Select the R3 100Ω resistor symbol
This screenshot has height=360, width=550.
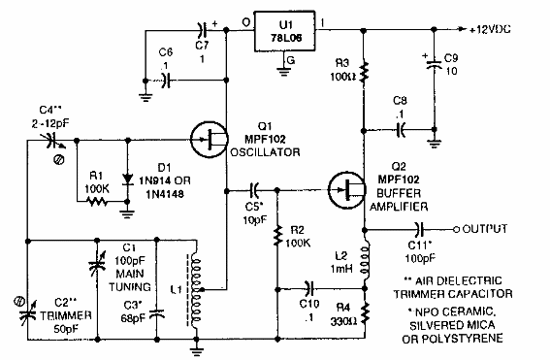tap(365, 73)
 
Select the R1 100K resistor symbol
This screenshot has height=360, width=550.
tap(95, 203)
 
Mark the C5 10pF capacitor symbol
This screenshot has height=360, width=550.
tap(256, 190)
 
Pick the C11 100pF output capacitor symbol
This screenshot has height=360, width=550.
tap(419, 230)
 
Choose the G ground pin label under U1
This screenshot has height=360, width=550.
tap(290, 60)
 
